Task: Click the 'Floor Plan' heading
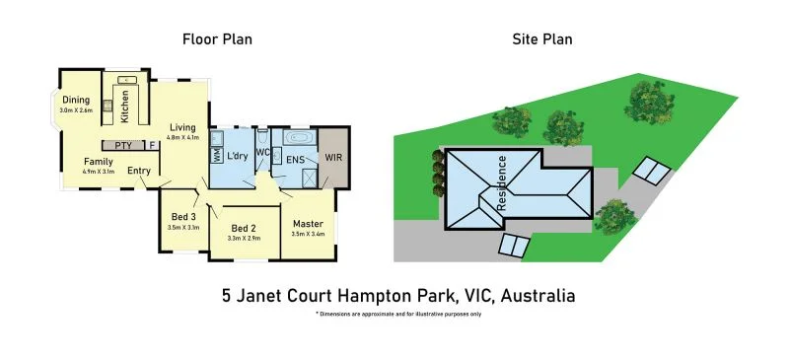[217, 40]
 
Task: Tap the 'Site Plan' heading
[541, 40]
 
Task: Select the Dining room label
[76, 100]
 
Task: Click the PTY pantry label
[123, 146]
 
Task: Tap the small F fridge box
[152, 146]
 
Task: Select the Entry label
[139, 171]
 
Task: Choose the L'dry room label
[237, 157]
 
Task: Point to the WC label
[262, 153]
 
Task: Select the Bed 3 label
[183, 216]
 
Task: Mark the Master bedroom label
[308, 223]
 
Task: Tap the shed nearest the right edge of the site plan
[649, 170]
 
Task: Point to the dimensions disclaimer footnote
[398, 314]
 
